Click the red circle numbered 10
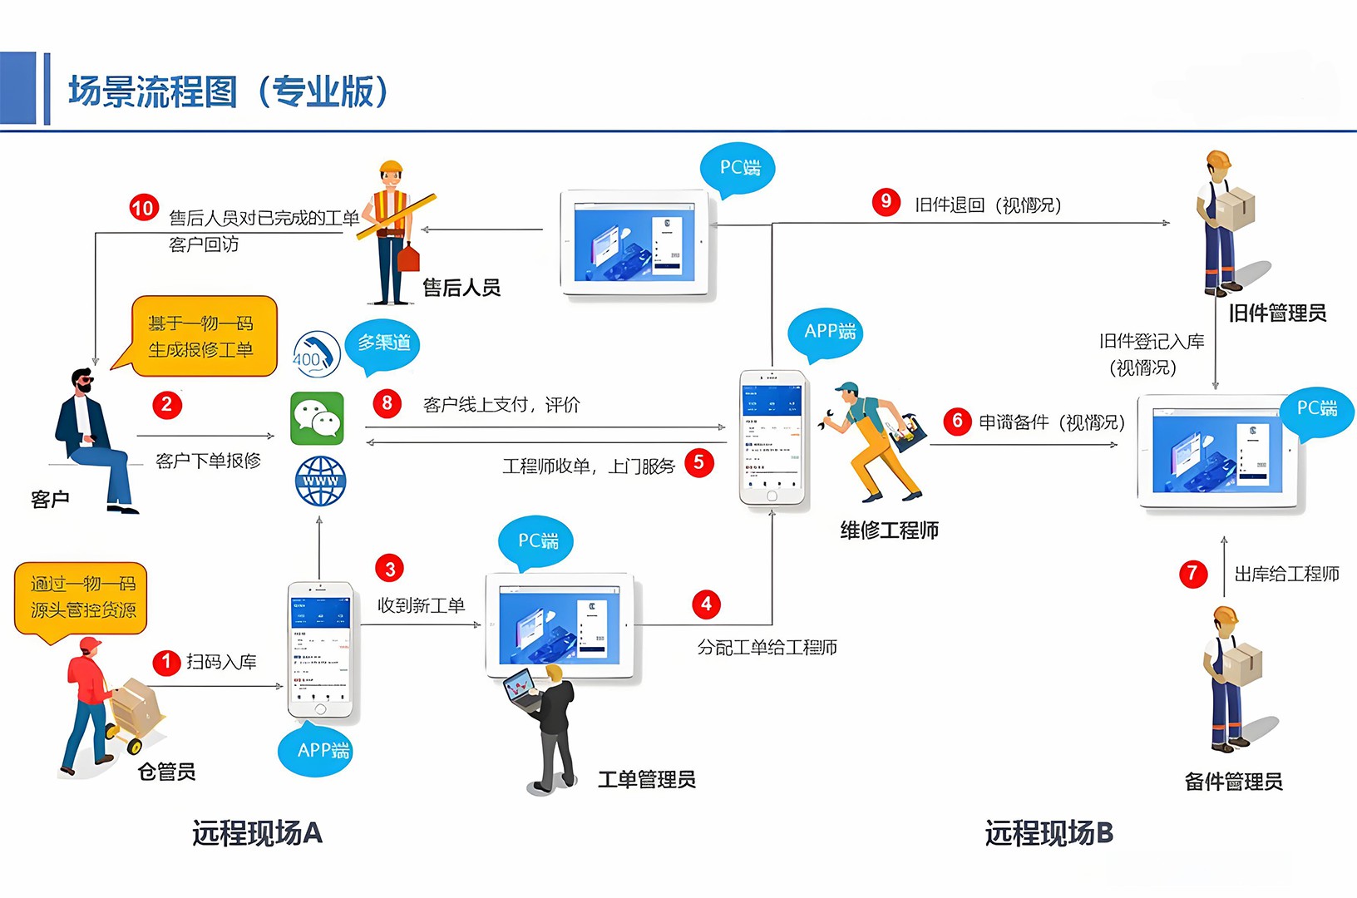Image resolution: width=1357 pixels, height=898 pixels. click(x=143, y=207)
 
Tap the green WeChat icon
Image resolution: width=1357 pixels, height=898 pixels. click(x=317, y=418)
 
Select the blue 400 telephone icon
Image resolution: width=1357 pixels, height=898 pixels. click(x=316, y=354)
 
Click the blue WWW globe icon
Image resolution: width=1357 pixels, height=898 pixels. click(x=321, y=481)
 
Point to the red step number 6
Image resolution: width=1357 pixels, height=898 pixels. click(x=957, y=421)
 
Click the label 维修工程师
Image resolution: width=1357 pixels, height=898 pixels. click(x=889, y=530)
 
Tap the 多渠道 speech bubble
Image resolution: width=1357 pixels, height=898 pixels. click(x=383, y=343)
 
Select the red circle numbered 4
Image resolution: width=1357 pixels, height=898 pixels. click(x=706, y=604)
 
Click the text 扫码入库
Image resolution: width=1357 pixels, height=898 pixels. click(x=221, y=662)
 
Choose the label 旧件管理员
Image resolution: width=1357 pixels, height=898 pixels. click(x=1277, y=313)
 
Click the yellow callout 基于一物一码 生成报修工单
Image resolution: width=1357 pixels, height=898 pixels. click(x=201, y=336)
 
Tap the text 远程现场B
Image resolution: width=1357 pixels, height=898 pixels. click(x=1049, y=832)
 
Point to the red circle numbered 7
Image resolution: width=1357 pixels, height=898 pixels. click(x=1193, y=573)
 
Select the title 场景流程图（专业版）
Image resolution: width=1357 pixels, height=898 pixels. click(x=229, y=91)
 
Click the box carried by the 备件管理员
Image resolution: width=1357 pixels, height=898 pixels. click(x=1242, y=664)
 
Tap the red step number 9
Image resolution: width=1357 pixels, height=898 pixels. click(x=886, y=201)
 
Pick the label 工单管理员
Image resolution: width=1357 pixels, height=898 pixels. click(x=647, y=779)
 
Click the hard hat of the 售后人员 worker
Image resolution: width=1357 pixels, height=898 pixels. click(x=391, y=168)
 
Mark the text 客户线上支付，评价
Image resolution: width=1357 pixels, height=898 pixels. click(x=501, y=405)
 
